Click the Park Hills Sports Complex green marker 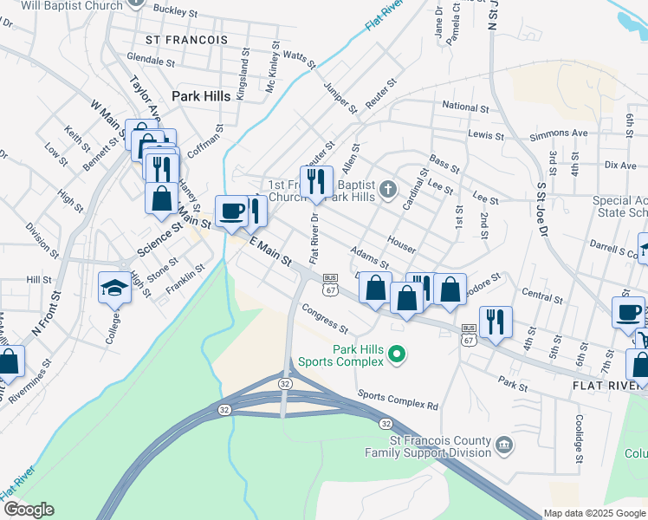tap(398, 354)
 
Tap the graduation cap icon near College tap(114, 287)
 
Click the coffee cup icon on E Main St tap(231, 211)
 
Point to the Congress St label tap(325, 319)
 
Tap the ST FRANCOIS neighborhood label tap(186, 40)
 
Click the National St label tap(465, 107)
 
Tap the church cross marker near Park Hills tap(390, 188)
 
